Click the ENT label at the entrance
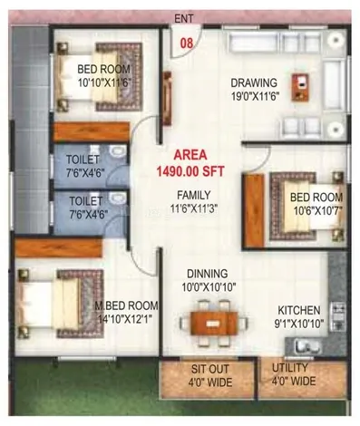pos(184,19)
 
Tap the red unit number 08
pos(187,44)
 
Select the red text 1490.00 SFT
pos(190,171)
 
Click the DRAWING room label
pos(254,82)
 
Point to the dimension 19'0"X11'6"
pos(255,96)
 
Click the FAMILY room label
pos(194,195)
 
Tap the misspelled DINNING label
pos(208,274)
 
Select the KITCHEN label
pos(299,310)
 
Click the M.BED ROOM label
pos(126,305)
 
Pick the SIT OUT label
pos(209,369)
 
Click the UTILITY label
pos(290,368)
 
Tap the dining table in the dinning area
pos(214,324)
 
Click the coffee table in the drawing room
pos(300,87)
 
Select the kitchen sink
pos(307,346)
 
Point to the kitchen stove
pos(337,316)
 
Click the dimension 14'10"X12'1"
pos(125,319)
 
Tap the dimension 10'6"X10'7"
pos(318,211)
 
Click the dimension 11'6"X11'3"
pos(194,208)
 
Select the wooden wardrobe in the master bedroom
pos(59,247)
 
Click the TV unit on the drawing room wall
pos(167,99)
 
